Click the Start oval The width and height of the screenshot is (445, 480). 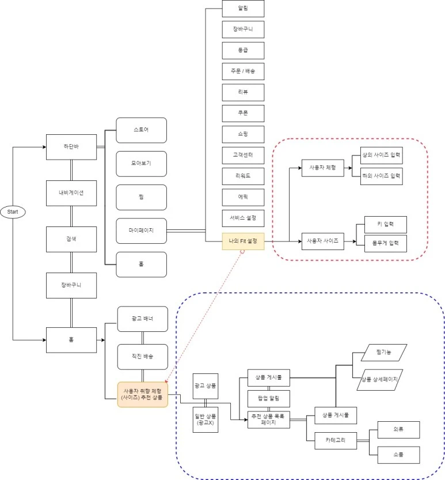(x=12, y=212)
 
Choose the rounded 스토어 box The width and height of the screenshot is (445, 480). (x=141, y=130)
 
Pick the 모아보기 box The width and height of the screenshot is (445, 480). (x=141, y=164)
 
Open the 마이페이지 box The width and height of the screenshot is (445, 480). (x=141, y=230)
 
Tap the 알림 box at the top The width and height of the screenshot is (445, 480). (x=243, y=9)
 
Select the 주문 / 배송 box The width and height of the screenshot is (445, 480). (x=243, y=71)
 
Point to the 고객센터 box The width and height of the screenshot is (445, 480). (x=243, y=156)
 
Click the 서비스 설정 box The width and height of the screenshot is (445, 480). (x=243, y=218)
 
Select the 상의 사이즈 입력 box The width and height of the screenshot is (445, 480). (x=381, y=157)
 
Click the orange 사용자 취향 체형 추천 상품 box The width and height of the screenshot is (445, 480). (x=142, y=395)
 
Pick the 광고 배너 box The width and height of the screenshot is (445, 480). (x=142, y=319)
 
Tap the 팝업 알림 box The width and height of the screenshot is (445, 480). (x=268, y=399)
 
